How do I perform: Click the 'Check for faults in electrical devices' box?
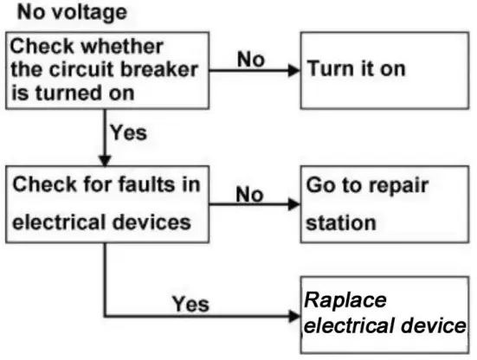click(108, 204)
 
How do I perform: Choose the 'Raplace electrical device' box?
click(385, 314)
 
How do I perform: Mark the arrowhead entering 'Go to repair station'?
click(294, 205)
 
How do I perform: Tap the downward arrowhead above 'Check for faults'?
click(105, 161)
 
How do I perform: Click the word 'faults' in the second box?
click(123, 184)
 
